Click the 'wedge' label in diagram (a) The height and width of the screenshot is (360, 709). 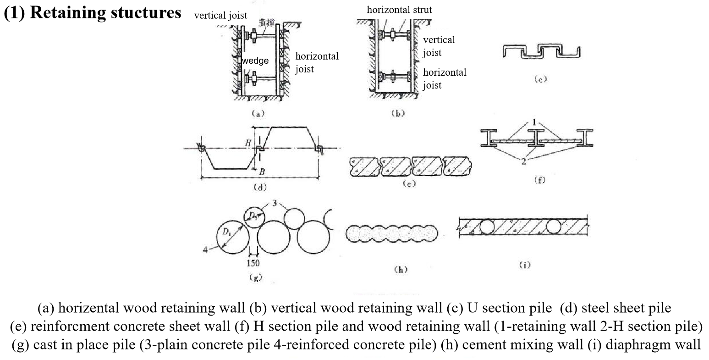[255, 61]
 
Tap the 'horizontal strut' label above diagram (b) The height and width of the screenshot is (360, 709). [399, 9]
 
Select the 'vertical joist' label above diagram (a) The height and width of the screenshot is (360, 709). [220, 15]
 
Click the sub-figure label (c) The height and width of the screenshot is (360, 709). [541, 79]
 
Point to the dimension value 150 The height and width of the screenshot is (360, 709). [253, 263]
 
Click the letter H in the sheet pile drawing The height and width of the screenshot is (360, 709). [248, 143]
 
